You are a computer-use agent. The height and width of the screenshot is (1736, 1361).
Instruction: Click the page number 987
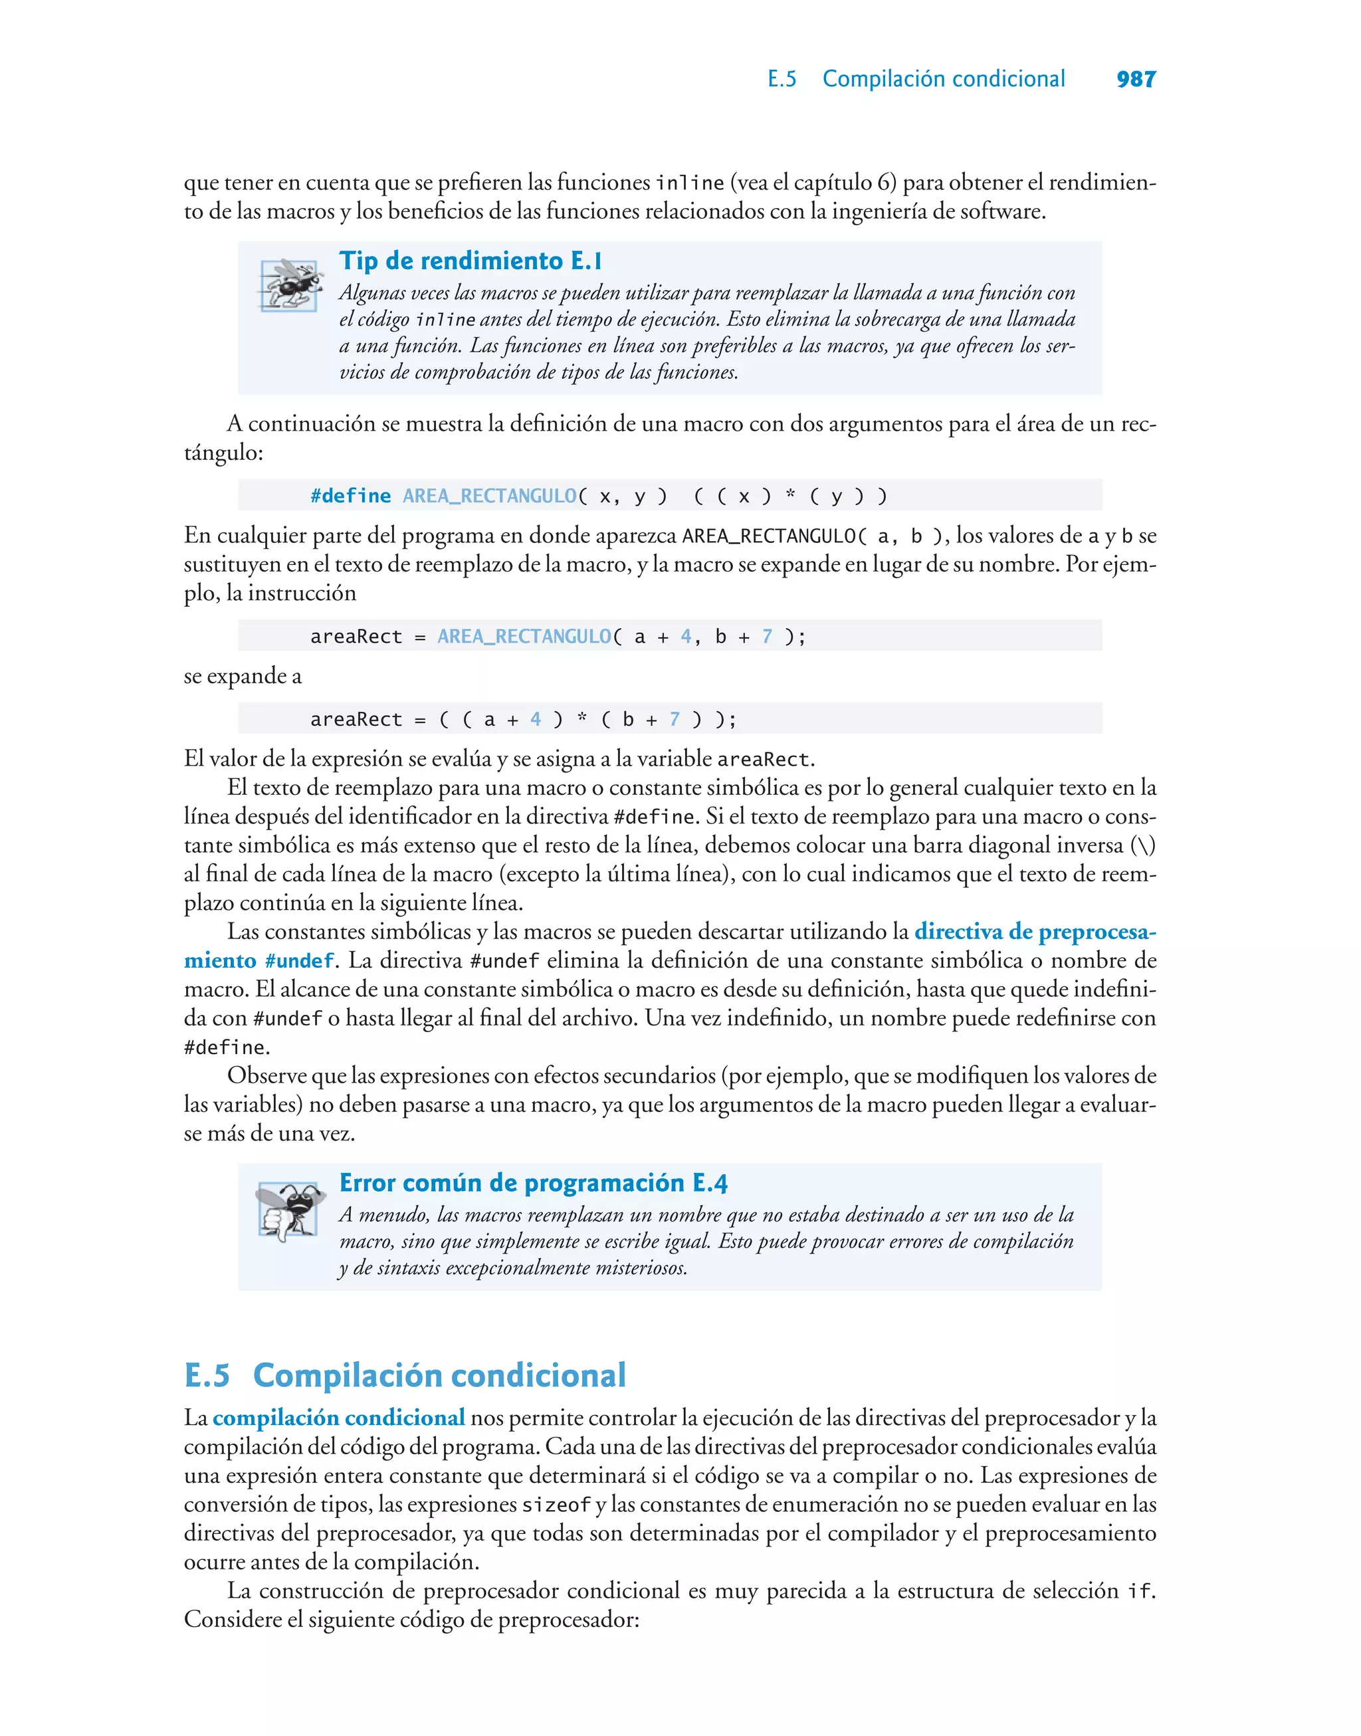click(1136, 79)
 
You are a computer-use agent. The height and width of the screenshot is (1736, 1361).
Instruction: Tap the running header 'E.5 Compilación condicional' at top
click(916, 79)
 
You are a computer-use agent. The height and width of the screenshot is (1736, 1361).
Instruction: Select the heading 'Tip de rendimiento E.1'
click(470, 261)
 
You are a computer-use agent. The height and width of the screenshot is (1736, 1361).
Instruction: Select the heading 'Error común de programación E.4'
click(533, 1182)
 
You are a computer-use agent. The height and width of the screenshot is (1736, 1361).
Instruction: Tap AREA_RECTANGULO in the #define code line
click(489, 496)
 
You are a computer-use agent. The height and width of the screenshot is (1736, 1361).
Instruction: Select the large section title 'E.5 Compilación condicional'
click(405, 1375)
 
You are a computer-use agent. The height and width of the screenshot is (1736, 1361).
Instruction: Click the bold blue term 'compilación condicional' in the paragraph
click(339, 1418)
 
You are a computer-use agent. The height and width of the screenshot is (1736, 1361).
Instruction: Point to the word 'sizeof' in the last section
click(556, 1505)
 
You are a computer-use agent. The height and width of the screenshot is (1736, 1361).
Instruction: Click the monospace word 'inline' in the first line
click(689, 183)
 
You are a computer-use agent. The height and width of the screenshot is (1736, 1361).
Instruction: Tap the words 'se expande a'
click(243, 676)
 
